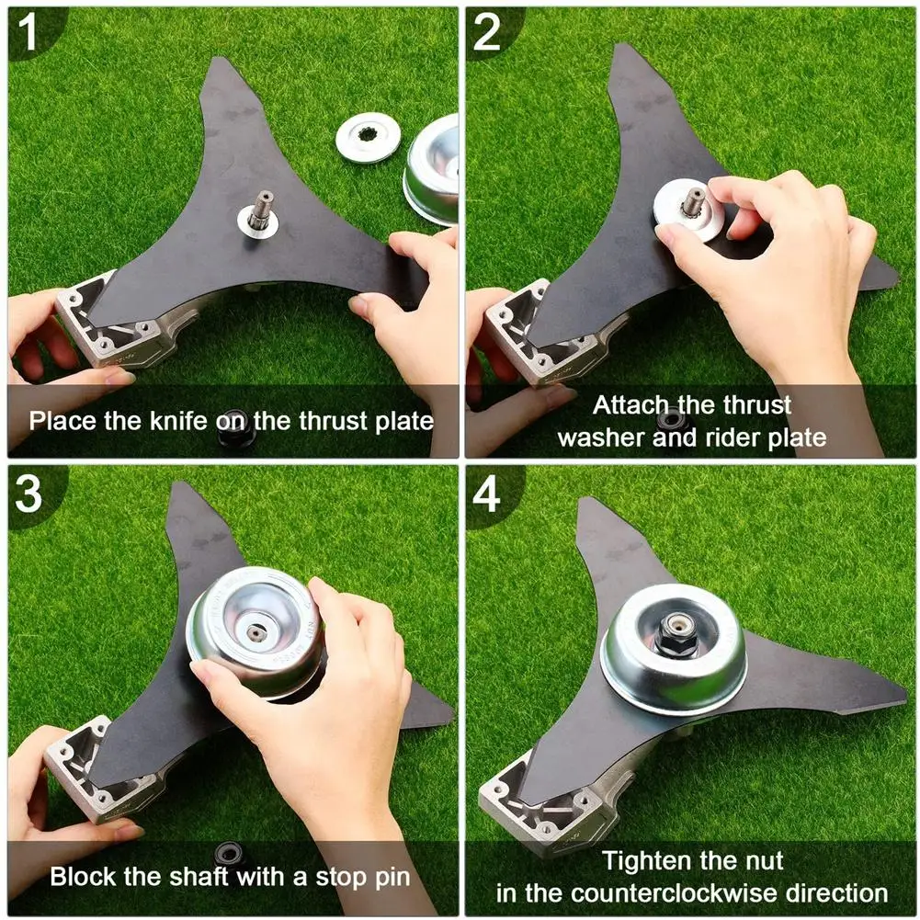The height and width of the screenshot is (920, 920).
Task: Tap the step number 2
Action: tap(486, 34)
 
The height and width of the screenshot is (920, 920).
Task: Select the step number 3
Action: tap(28, 494)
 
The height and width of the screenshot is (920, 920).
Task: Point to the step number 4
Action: tap(486, 494)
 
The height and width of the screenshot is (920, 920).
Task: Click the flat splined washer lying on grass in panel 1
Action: tap(366, 137)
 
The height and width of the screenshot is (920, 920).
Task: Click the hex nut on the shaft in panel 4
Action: tap(674, 634)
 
